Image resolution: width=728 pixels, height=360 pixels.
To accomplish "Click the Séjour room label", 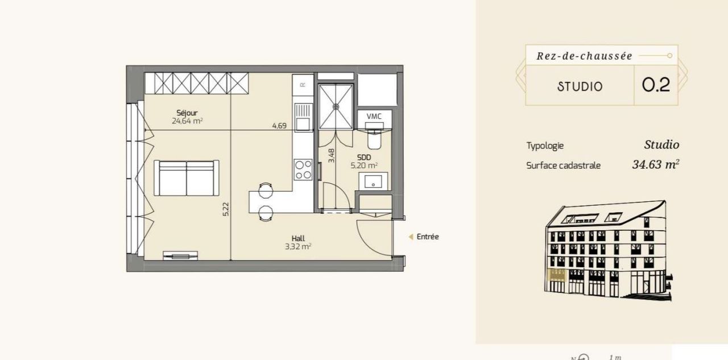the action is [x=187, y=113].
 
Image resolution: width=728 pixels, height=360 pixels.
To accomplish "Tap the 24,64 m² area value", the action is [x=187, y=121].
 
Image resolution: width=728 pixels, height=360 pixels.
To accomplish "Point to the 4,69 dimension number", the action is [x=279, y=126].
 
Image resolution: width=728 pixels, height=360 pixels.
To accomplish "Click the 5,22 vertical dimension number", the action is [x=226, y=209].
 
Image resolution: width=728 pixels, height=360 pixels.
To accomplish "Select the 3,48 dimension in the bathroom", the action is [x=331, y=156].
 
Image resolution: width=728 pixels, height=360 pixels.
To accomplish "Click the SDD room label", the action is [x=364, y=158].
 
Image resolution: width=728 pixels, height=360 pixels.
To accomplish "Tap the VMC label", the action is [x=374, y=117].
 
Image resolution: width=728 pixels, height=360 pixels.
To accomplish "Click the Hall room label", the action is [x=298, y=238].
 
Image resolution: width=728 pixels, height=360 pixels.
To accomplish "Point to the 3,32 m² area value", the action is [x=298, y=247].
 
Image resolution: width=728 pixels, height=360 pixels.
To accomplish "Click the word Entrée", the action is [x=428, y=237].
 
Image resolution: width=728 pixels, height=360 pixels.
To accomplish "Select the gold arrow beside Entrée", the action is [x=411, y=237].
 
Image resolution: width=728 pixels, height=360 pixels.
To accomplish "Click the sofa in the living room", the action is [x=186, y=178].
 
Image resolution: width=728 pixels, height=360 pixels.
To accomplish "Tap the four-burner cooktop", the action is [x=303, y=169].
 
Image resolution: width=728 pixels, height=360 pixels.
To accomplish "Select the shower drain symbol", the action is [x=336, y=106].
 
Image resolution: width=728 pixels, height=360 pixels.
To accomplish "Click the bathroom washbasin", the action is [x=374, y=181].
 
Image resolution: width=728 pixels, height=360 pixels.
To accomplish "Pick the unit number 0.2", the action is [x=656, y=85].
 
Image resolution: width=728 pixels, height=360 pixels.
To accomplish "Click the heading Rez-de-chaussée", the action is [x=584, y=56].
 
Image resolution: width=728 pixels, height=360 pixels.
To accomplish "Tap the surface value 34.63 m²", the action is [x=656, y=164].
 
